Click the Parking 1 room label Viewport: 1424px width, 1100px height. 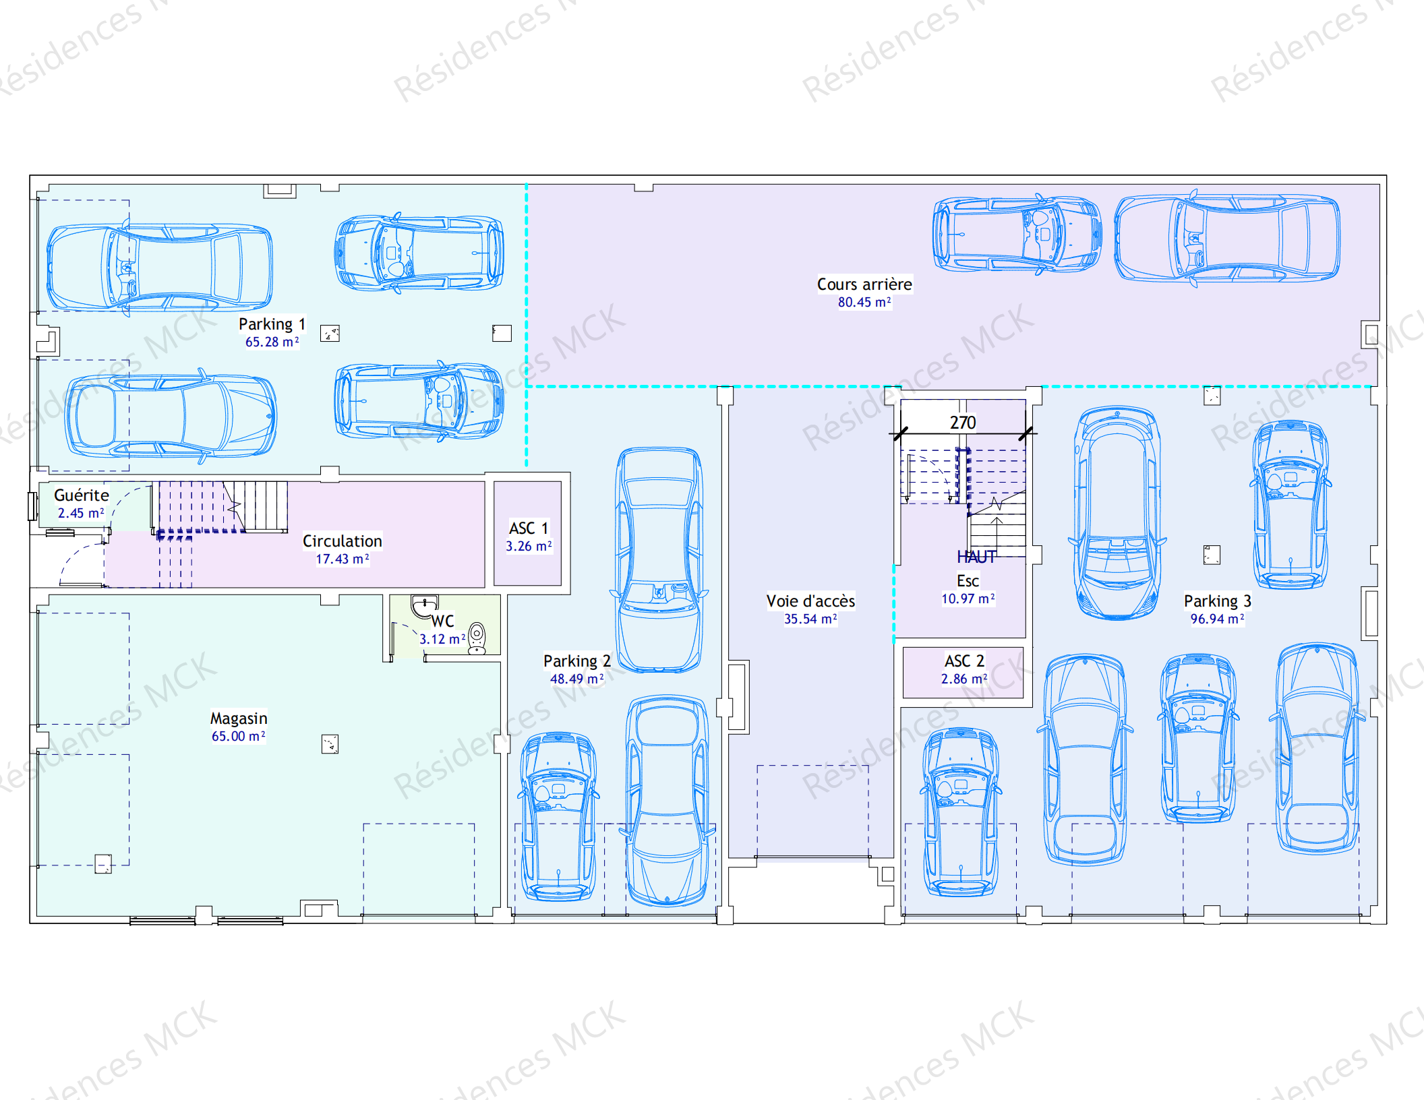[272, 324]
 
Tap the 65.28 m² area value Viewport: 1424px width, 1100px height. [272, 342]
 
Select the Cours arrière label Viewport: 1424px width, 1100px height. [864, 284]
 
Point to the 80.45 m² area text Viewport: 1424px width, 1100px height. [864, 302]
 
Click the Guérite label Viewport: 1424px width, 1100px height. [81, 495]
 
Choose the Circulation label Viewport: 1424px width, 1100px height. [342, 541]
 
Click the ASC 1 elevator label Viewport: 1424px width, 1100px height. [529, 528]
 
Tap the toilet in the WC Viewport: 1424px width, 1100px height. [477, 638]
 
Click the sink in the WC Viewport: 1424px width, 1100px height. [425, 607]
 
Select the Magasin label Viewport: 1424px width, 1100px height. [239, 719]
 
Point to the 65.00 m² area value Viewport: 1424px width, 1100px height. [239, 736]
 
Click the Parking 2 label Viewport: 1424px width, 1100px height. [577, 661]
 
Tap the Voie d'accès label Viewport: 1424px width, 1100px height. [810, 601]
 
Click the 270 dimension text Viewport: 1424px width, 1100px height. [963, 423]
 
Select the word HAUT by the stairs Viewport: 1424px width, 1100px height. [976, 557]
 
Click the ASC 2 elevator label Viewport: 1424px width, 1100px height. [964, 661]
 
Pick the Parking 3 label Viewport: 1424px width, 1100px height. [1218, 601]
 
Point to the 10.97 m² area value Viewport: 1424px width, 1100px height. [968, 599]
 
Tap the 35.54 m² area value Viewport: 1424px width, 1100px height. [810, 619]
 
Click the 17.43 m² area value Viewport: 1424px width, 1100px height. [343, 559]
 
